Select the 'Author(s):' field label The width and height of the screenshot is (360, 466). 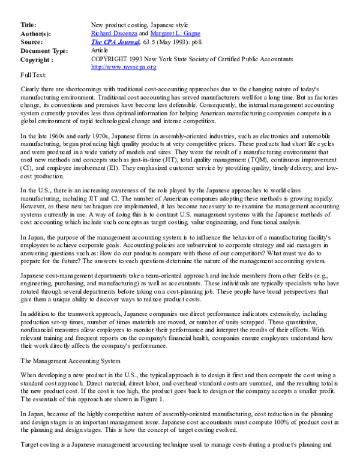pyautogui.click(x=35, y=34)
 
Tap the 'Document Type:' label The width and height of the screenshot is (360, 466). pyautogui.click(x=44, y=51)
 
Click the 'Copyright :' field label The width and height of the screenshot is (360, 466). pyautogui.click(x=37, y=60)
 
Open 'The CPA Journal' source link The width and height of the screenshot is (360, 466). pyautogui.click(x=113, y=43)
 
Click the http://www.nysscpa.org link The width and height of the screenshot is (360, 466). pyautogui.click(x=123, y=67)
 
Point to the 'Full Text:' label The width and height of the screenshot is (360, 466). pyautogui.click(x=33, y=75)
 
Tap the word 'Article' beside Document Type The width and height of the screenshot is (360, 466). pyautogui.click(x=99, y=51)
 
